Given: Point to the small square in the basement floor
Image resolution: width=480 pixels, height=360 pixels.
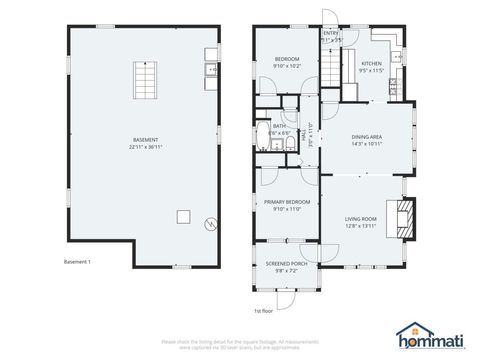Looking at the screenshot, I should coord(183,215).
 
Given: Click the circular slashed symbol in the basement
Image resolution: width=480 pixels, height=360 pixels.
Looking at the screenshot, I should coord(210,223).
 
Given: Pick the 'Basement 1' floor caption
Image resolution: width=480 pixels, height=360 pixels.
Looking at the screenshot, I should coord(77,262).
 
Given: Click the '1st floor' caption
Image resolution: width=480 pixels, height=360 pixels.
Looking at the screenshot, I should coord(263,310).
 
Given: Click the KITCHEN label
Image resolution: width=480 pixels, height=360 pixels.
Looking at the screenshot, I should coord(371,65).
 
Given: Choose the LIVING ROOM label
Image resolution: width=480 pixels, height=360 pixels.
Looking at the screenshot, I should coord(360,221).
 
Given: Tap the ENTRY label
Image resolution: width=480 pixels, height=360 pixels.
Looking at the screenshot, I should coord(331,33).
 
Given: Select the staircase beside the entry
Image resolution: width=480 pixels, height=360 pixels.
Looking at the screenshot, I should coord(329,70).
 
